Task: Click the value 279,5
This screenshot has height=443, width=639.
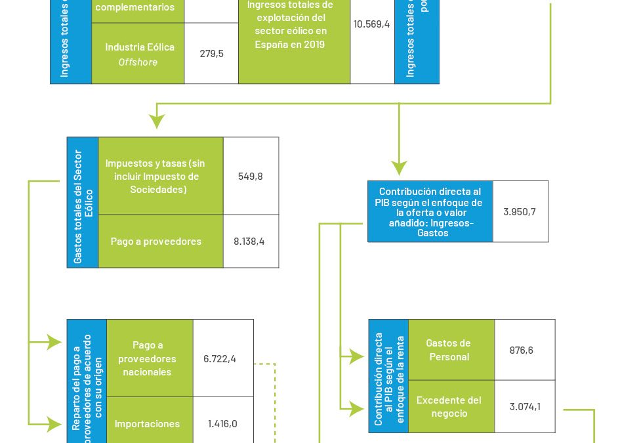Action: pos(211,53)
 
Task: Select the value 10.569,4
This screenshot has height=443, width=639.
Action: pos(372,24)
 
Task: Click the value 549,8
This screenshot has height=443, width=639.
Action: pos(251,176)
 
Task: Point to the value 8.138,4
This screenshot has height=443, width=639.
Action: pos(249,241)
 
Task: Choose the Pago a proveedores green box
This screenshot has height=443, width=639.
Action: pos(156,241)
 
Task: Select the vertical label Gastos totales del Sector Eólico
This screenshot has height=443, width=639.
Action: pos(83,202)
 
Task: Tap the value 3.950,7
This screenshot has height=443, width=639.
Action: pos(520,211)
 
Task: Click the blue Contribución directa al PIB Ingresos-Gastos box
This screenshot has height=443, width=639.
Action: pos(430,211)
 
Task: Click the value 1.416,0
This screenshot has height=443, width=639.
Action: pos(222,423)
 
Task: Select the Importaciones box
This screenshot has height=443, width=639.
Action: pos(147,423)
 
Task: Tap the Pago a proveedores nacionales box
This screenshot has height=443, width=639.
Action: pos(147,358)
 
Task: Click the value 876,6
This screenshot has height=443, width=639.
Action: pos(521,350)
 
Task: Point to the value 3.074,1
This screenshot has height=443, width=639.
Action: pos(525,406)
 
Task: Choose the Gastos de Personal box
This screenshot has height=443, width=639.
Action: pos(449,350)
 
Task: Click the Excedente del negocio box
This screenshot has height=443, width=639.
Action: pos(449,406)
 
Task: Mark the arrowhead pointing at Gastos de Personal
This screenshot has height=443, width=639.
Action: pos(357,356)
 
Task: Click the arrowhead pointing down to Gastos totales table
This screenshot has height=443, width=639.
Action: pos(156,121)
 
